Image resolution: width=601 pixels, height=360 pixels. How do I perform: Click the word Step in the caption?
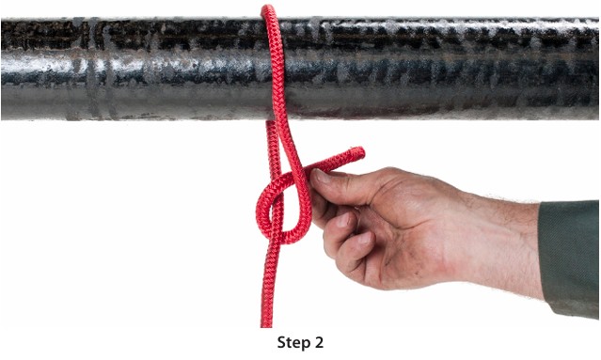[x=294, y=343]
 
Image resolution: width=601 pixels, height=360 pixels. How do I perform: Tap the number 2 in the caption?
[x=319, y=342]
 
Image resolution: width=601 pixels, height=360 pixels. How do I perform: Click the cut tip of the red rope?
[x=359, y=153]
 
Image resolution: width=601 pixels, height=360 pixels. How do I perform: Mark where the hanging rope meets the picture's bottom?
[x=266, y=325]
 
